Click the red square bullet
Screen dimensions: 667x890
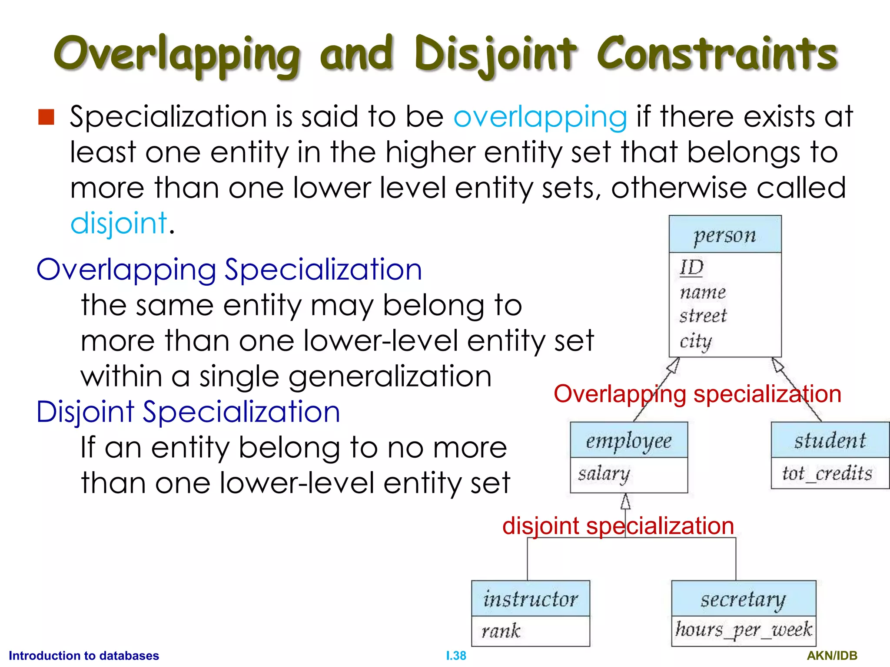coord(46,117)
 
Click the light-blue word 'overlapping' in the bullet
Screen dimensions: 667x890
coord(540,117)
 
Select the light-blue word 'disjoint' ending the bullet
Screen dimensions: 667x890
coord(119,223)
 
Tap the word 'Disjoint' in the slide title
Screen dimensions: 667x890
coord(495,54)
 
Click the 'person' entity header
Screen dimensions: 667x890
coord(725,235)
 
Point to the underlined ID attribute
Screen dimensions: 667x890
coord(691,267)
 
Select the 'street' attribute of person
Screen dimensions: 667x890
coord(703,316)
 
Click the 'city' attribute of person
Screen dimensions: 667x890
coord(695,341)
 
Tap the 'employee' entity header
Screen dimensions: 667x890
coord(629,441)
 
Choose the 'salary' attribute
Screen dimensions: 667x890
coord(604,474)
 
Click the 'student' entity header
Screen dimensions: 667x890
coord(830,440)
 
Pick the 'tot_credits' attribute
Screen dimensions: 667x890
coord(827,473)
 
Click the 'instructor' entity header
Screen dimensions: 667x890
coord(531,599)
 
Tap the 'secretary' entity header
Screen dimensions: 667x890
coord(744,600)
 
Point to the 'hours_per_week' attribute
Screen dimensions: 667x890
coord(744,630)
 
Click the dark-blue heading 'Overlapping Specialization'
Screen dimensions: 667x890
coord(229,270)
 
